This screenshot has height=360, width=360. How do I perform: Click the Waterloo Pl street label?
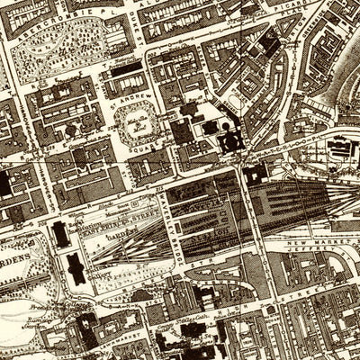point(297,153)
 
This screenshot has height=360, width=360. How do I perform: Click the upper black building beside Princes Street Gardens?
point(60,234)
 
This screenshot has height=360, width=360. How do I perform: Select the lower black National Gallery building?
point(76,268)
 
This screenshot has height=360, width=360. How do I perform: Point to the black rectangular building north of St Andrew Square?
point(126,67)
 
